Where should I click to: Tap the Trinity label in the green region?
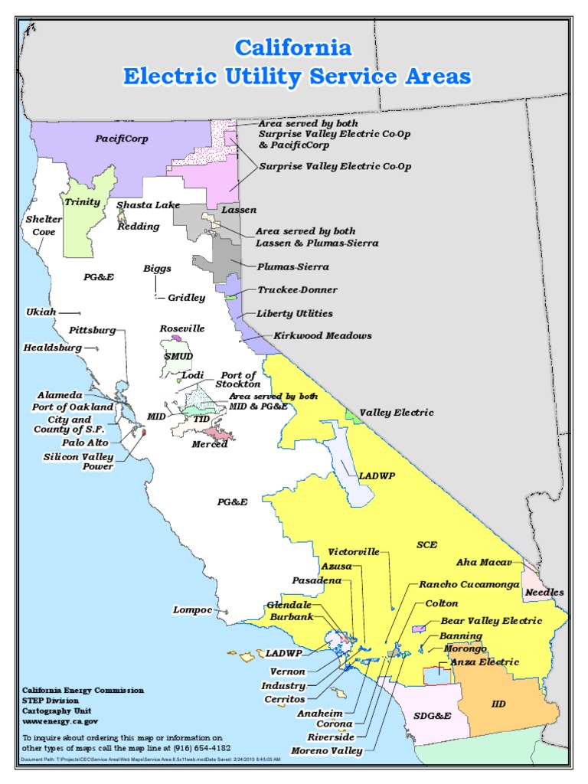click(83, 202)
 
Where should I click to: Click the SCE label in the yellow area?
click(426, 544)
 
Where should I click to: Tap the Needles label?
click(544, 592)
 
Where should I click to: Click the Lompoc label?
click(192, 609)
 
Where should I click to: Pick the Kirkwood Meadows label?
click(314, 335)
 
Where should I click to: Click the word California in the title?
click(293, 48)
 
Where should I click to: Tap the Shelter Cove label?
click(44, 225)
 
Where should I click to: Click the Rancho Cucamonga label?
click(469, 583)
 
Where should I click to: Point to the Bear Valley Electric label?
click(491, 620)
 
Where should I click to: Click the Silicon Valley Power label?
click(77, 462)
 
